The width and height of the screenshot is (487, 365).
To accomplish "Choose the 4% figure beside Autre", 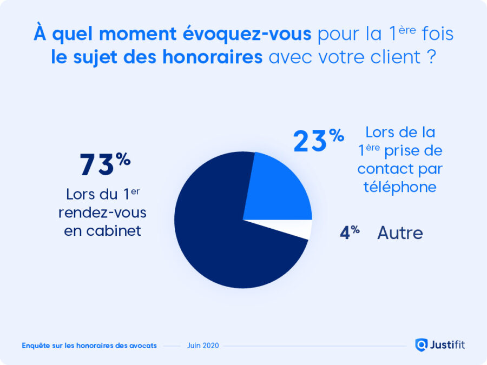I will pyautogui.click(x=350, y=234).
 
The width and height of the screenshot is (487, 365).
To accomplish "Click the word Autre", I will pyautogui.click(x=400, y=233).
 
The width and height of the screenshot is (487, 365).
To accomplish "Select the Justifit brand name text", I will pyautogui.click(x=447, y=344).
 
